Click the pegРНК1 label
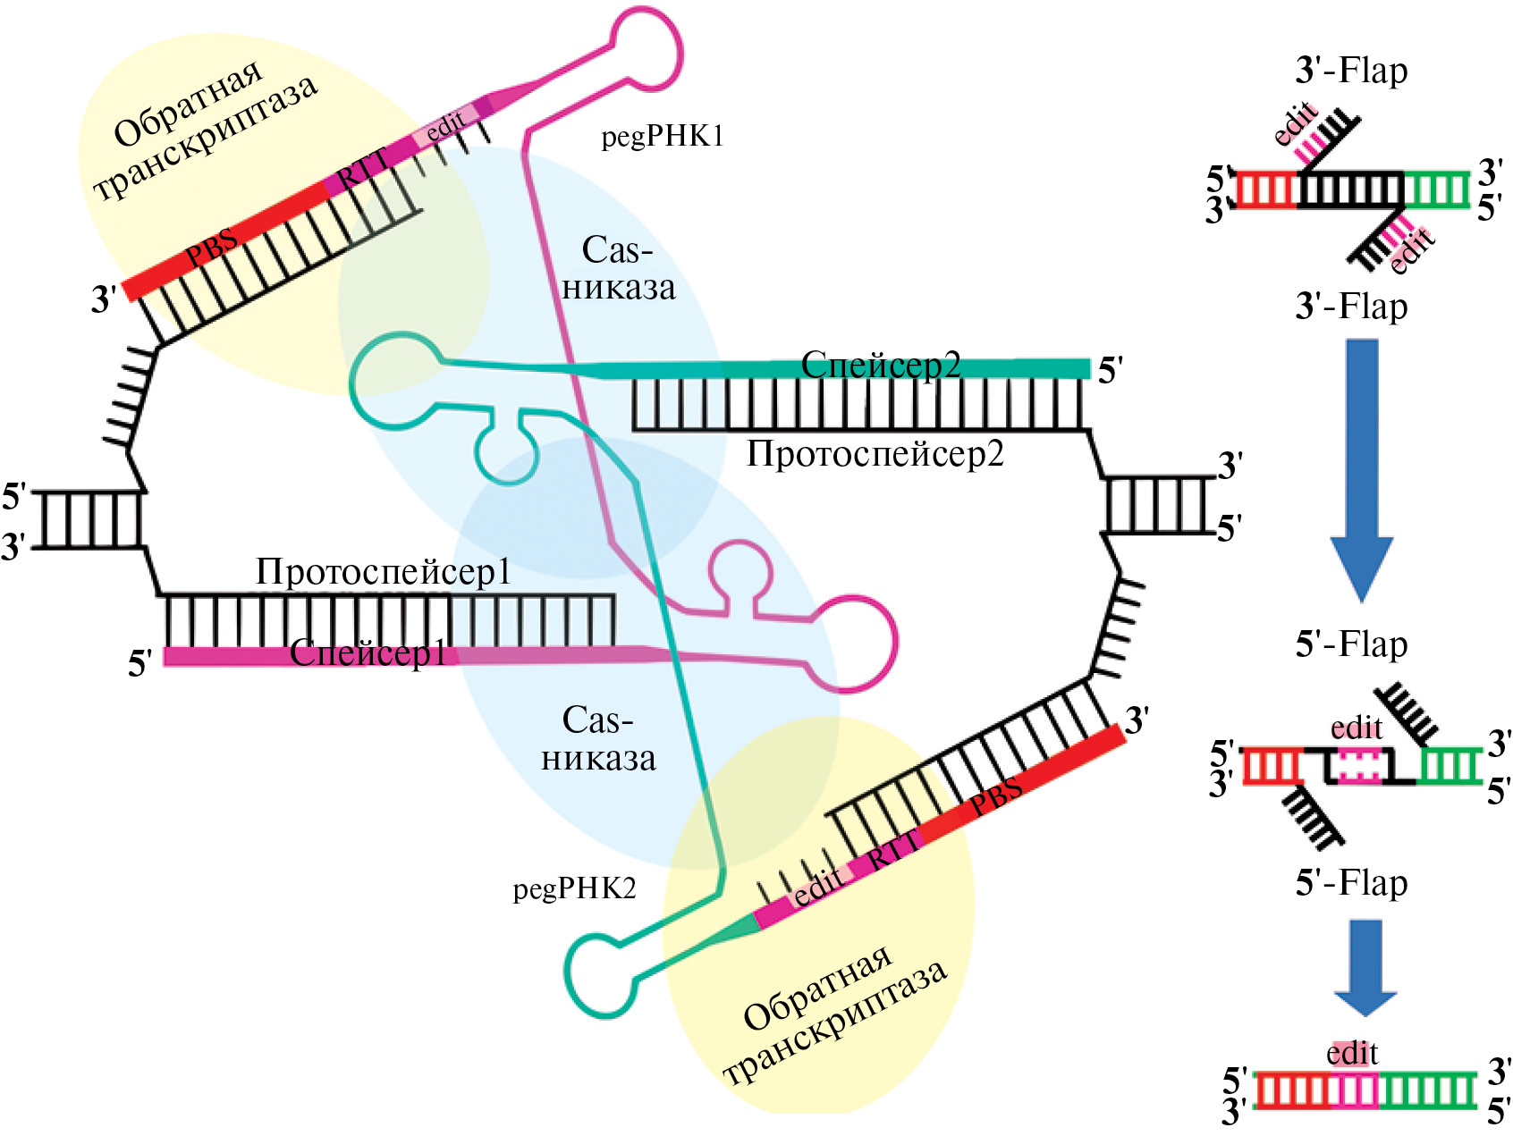662,137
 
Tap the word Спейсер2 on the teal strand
881,365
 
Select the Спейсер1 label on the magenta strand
368,653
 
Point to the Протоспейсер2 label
875,454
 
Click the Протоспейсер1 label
384,572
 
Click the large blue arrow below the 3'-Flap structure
1361,469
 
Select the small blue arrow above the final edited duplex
1365,968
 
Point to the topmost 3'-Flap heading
1351,71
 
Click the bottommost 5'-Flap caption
1351,882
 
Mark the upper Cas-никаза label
618,268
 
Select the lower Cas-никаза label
598,739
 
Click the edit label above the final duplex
1352,1054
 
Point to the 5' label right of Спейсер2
1111,370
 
